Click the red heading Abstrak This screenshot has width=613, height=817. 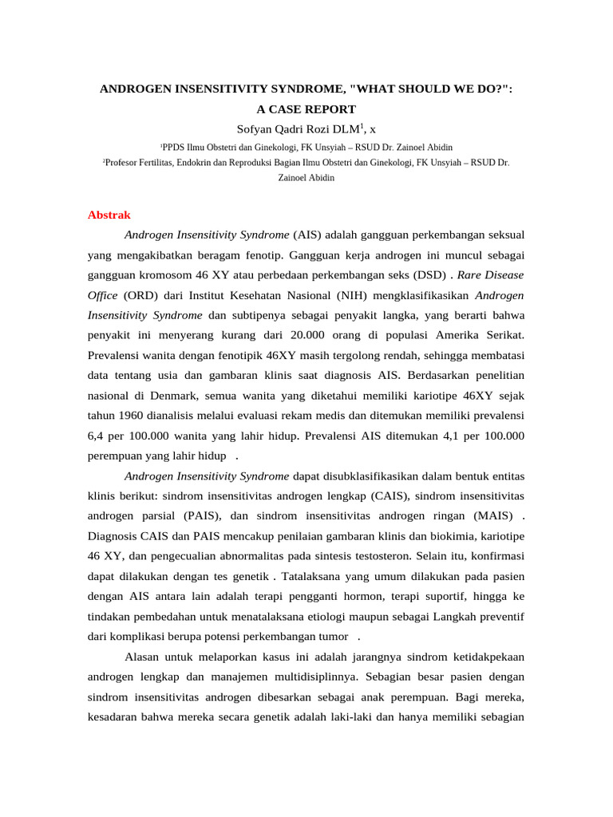(x=109, y=215)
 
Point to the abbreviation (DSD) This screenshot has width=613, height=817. (x=426, y=274)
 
